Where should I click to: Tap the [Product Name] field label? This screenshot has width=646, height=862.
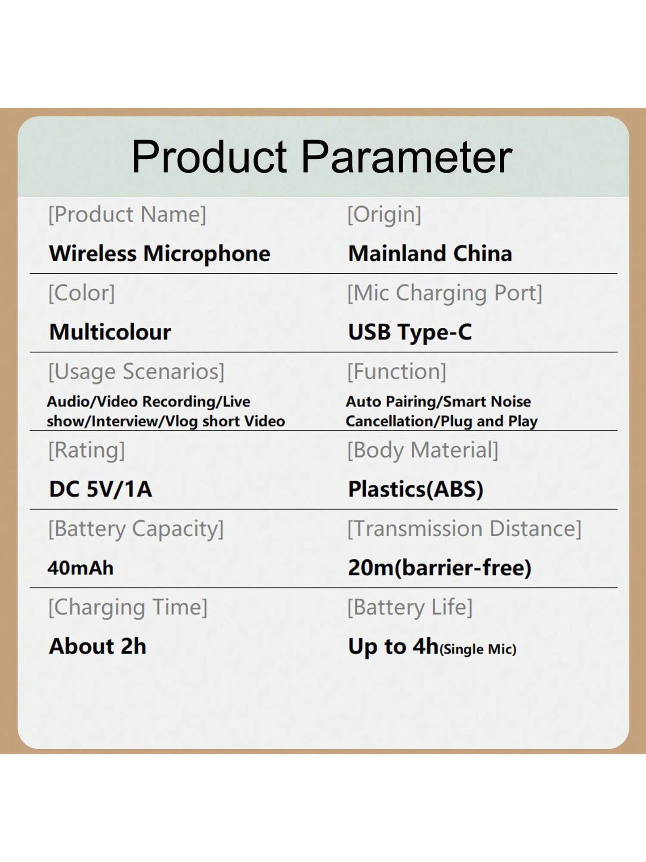tap(127, 215)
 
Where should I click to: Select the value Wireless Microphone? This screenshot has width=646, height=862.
tap(160, 254)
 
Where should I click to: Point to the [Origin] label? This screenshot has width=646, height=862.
tap(384, 215)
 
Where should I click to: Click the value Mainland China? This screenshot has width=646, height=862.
tap(430, 254)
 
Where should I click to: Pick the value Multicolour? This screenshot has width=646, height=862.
tap(110, 332)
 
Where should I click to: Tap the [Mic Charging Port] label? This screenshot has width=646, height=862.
tap(445, 293)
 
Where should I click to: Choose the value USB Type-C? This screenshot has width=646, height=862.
tap(410, 333)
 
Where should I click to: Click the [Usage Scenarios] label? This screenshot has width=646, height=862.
tap(136, 372)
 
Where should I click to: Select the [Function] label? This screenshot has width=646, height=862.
tap(397, 372)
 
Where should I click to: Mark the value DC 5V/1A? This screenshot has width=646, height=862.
tap(101, 489)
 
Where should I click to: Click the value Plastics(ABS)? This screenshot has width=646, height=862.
tap(416, 489)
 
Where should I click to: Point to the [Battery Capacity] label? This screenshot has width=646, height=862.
tap(136, 529)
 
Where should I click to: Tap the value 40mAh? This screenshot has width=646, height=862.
tap(80, 568)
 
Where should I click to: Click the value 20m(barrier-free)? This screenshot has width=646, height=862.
tap(440, 568)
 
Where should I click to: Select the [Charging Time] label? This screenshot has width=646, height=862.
tap(128, 608)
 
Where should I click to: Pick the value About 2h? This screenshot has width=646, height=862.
tap(97, 646)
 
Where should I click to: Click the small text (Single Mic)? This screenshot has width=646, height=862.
tap(478, 650)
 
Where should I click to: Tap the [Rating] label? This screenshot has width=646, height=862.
tap(87, 450)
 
